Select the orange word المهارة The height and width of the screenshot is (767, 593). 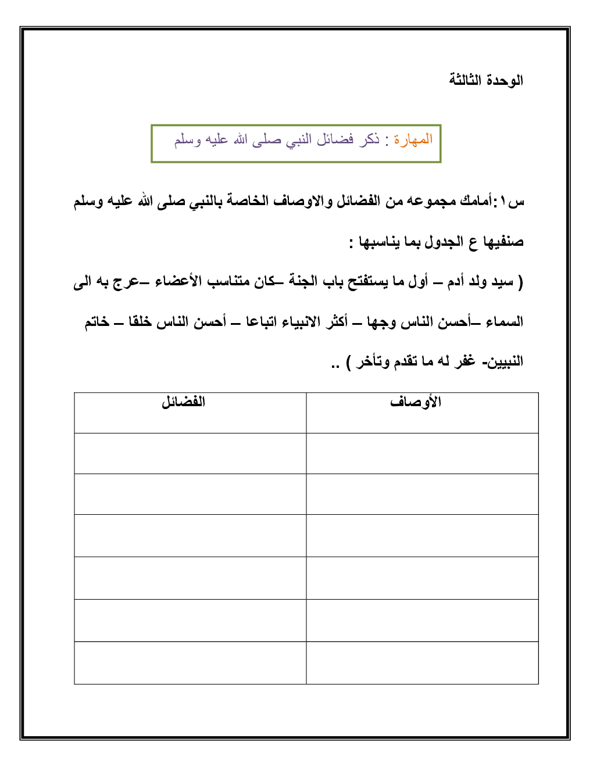pyautogui.click(x=413, y=139)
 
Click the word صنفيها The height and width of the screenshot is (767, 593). pyautogui.click(x=503, y=242)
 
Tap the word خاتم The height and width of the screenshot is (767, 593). pyautogui.click(x=97, y=322)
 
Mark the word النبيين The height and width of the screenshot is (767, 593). pyautogui.click(x=505, y=362)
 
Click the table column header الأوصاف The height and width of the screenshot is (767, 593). pyautogui.click(x=416, y=402)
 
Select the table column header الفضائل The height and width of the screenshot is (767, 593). pyautogui.click(x=183, y=402)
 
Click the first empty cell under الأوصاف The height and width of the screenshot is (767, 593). pyautogui.click(x=422, y=453)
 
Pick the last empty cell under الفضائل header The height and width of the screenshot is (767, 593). pyautogui.click(x=190, y=662)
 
